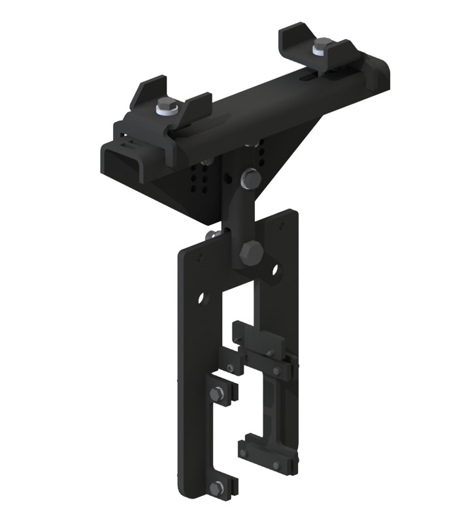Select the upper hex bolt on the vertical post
click(250, 177)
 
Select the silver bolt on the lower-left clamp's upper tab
click(218, 395)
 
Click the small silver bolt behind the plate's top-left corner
click(211, 235)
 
